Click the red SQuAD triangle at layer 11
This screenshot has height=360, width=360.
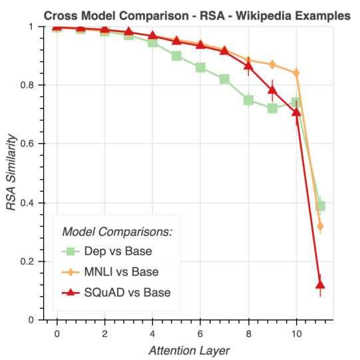point(320,285)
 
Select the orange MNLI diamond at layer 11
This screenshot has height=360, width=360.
point(320,226)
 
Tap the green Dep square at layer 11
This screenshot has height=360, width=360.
point(320,206)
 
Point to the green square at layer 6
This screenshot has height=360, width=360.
point(200,68)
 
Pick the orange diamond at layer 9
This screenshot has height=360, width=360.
point(272,65)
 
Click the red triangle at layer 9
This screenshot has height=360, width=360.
point(272,90)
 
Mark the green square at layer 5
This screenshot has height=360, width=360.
point(176,56)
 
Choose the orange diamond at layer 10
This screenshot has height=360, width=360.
point(296,73)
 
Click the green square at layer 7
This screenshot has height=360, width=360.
point(224,79)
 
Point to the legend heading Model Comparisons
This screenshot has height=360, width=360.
point(117,232)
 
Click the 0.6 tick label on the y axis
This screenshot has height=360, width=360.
point(27,144)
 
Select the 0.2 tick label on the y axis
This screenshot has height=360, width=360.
point(27,262)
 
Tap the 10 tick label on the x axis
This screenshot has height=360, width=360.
point(296,333)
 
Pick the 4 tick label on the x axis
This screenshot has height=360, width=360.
point(152,333)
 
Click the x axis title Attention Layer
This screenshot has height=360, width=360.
point(189,351)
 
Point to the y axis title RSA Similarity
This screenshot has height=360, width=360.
point(11,172)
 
